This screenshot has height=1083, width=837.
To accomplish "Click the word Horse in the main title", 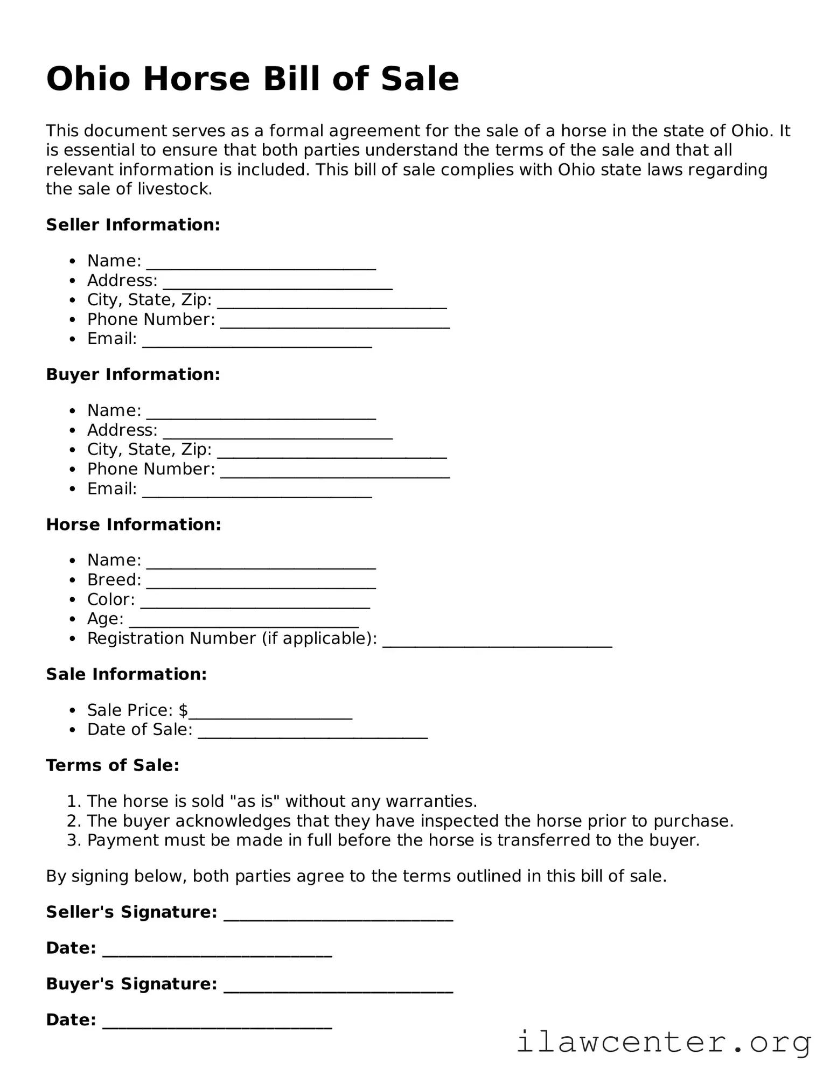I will (197, 79).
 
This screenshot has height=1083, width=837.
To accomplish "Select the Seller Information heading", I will (133, 225).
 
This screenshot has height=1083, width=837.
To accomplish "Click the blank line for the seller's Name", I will (261, 265).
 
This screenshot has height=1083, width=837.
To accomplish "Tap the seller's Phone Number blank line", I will (334, 324).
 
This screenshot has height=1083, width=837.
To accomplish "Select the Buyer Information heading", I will (133, 374).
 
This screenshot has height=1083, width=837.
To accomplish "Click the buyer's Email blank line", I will (257, 493).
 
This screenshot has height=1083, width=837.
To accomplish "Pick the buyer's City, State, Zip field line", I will (332, 454).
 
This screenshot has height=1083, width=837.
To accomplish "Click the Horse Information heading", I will (134, 524).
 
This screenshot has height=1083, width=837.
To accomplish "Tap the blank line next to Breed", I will (261, 584).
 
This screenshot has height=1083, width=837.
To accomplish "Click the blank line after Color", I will (255, 604).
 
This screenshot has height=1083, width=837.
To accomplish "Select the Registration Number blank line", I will (497, 643).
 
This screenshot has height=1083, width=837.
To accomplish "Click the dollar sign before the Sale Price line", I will (183, 710).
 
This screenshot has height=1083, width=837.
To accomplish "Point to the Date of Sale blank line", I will (312, 735).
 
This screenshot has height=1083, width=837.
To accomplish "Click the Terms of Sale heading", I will (113, 765).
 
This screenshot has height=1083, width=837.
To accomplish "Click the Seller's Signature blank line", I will (338, 917).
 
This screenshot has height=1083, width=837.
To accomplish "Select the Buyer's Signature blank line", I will (338, 988).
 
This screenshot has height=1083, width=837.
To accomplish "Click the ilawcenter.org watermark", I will (663, 1042).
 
